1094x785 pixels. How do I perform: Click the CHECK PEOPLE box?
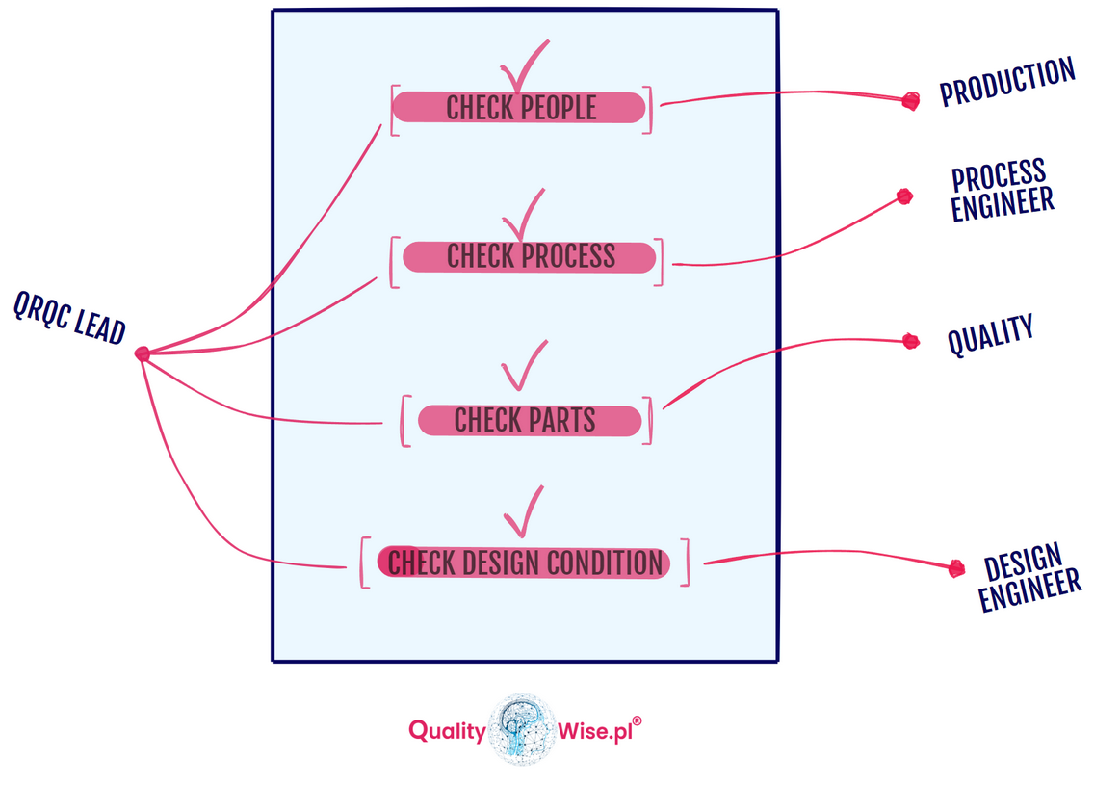[520, 108]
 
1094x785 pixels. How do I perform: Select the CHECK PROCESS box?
[529, 257]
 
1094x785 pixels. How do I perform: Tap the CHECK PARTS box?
[528, 421]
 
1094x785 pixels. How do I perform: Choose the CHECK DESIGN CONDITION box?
[524, 563]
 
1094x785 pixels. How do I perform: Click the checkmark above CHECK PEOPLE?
[523, 67]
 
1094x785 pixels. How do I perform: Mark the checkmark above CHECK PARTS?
[524, 367]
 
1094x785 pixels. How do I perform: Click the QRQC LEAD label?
[69, 318]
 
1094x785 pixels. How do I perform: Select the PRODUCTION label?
[1006, 82]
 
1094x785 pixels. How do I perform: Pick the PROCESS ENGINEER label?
[1001, 190]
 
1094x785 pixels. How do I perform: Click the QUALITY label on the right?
[990, 335]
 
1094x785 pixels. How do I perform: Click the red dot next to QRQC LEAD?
[143, 354]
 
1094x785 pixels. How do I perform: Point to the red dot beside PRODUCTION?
[910, 100]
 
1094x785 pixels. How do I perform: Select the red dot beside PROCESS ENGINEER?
[904, 197]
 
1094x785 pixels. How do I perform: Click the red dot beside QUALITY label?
[911, 341]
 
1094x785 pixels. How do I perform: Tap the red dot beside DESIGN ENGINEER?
[956, 568]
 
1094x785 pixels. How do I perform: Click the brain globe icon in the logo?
[523, 729]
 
